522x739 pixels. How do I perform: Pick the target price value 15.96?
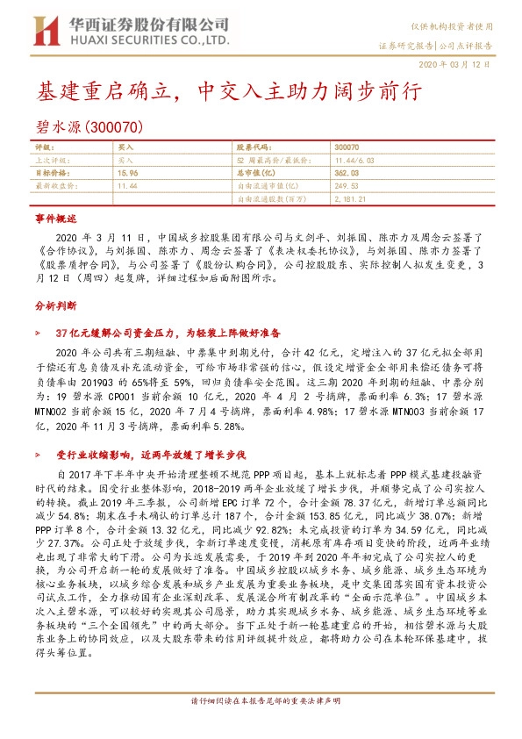click(127, 174)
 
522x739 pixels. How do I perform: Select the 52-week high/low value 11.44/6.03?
click(354, 161)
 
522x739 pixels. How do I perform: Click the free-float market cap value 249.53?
click(346, 187)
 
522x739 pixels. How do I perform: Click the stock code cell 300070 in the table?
click(347, 148)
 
